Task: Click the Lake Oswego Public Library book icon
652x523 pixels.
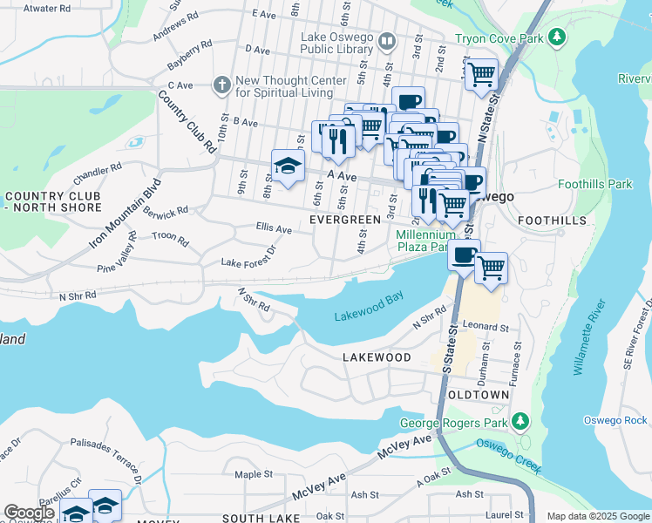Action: (x=387, y=40)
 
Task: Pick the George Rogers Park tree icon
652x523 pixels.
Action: (x=520, y=423)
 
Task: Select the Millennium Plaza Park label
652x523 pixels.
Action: (x=425, y=241)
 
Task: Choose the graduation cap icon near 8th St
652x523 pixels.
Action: (x=287, y=166)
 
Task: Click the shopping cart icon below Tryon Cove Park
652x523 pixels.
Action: (x=480, y=75)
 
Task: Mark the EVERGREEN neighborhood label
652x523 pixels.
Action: (x=345, y=221)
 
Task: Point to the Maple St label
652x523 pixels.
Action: (x=254, y=474)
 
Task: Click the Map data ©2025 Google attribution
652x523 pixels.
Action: (x=597, y=516)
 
